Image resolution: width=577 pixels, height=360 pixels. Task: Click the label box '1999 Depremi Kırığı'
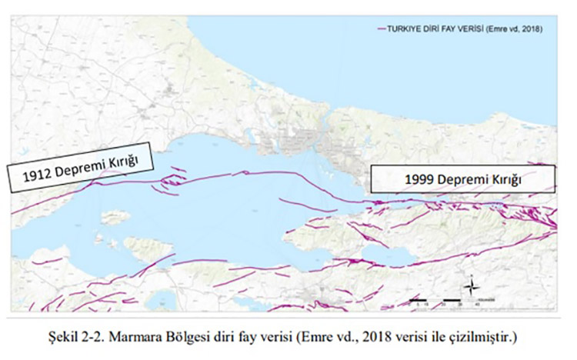462,179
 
